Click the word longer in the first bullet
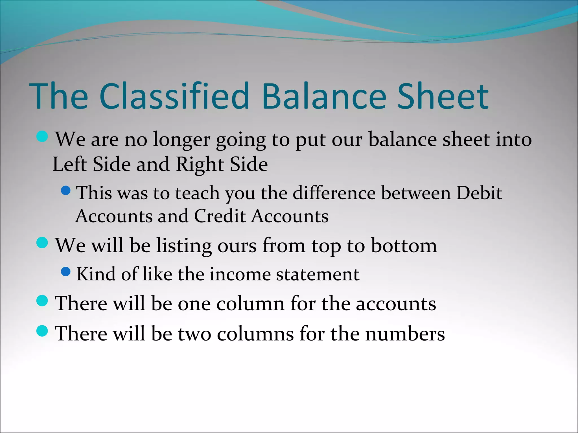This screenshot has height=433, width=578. click(181, 140)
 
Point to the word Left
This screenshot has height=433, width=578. click(69, 164)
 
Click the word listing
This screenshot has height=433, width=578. click(184, 246)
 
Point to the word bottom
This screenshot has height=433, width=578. click(404, 245)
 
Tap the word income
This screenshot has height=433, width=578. click(240, 274)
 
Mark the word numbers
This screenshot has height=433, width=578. click(405, 334)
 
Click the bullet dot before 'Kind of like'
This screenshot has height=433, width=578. click(66, 272)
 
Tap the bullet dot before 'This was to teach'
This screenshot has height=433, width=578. click(66, 191)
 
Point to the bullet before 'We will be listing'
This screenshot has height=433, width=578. click(42, 243)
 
